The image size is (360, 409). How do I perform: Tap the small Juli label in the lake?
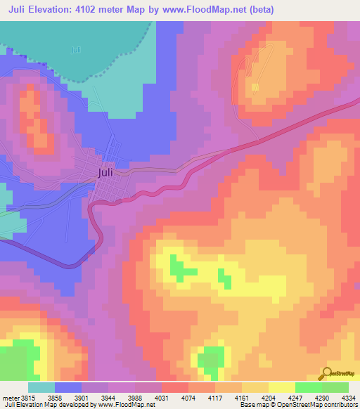[x=75, y=50]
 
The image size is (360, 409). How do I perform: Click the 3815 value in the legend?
[x=30, y=398]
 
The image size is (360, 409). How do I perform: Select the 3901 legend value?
[x=91, y=398]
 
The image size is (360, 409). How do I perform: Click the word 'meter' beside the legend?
[x=10, y=398]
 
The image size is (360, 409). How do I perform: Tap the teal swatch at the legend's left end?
[x=41, y=387]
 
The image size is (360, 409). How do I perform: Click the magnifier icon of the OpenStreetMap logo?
[x=326, y=374]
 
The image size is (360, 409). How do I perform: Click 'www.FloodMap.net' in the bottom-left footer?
[x=127, y=405]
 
